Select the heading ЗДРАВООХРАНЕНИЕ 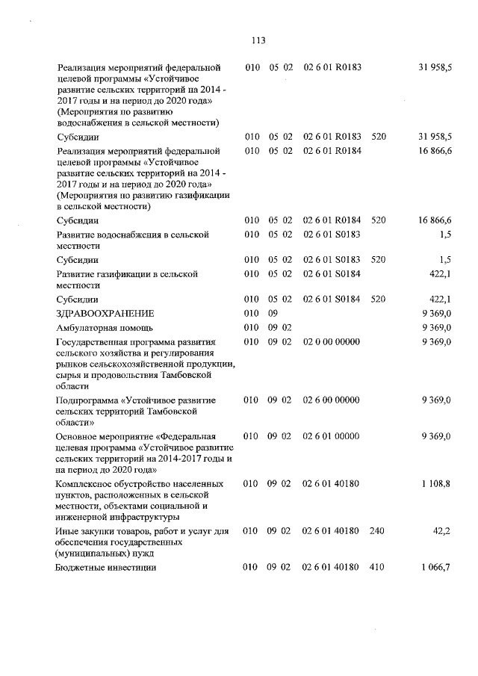[x=105, y=313]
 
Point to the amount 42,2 [x=443, y=531]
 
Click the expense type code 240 [x=377, y=531]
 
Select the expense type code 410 [x=377, y=568]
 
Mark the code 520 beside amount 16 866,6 [x=378, y=220]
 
